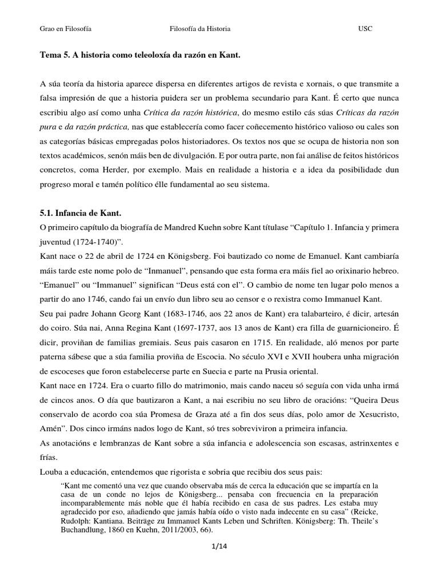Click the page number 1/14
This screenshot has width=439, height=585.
[219, 547]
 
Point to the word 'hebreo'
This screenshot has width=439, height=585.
[381, 270]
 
